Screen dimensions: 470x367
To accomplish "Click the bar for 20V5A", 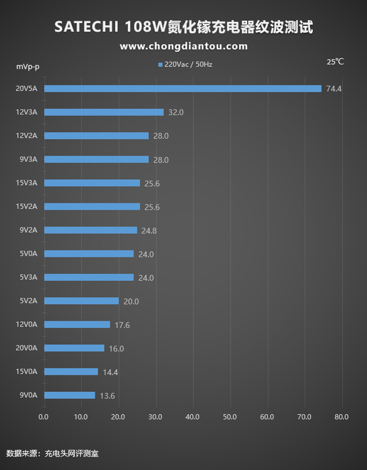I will pyautogui.click(x=183, y=89).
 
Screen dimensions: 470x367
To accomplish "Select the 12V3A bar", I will pyautogui.click(x=104, y=112).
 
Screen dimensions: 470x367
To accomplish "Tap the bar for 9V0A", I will pyautogui.click(x=69, y=395).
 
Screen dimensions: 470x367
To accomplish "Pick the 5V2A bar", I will pyautogui.click(x=82, y=301).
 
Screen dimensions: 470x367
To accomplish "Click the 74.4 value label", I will pyautogui.click(x=334, y=89).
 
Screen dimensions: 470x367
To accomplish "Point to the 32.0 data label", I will pyautogui.click(x=176, y=112).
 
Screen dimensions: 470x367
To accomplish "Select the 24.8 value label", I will pyautogui.click(x=149, y=230).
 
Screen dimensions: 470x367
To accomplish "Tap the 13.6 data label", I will pyautogui.click(x=107, y=395).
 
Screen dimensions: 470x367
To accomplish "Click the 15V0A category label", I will pyautogui.click(x=26, y=371).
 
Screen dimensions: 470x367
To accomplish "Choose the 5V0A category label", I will pyautogui.click(x=28, y=254).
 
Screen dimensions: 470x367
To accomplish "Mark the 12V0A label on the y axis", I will pyautogui.click(x=26, y=324).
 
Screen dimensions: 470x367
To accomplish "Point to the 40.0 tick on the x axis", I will pyautogui.click(x=192, y=417).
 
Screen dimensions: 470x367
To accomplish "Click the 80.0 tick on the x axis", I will pyautogui.click(x=342, y=417).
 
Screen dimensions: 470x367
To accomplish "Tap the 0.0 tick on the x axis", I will pyautogui.click(x=44, y=417).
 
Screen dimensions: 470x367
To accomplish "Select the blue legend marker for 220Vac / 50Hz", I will pyautogui.click(x=160, y=65).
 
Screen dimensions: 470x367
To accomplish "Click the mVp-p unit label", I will pyautogui.click(x=28, y=66).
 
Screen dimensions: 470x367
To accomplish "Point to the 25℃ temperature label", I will pyautogui.click(x=335, y=62).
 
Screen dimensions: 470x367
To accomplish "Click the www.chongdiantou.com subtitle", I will pyautogui.click(x=183, y=46).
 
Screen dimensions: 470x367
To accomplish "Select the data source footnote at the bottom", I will pyautogui.click(x=56, y=454).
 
